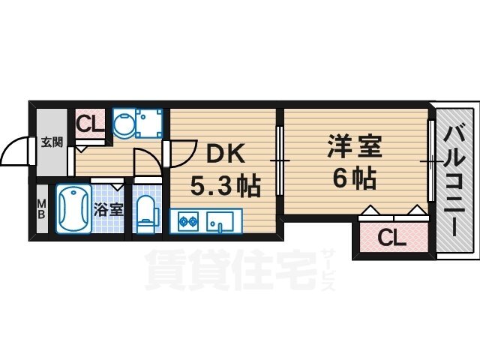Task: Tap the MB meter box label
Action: [x=42, y=208]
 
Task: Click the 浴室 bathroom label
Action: [x=109, y=210]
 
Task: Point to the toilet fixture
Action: [x=147, y=211]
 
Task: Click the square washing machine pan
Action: [x=148, y=122]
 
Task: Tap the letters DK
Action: [x=220, y=153]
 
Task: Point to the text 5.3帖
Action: [x=224, y=185]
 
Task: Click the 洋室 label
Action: [x=354, y=146]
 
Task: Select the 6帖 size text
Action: [x=354, y=178]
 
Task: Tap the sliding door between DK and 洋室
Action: [x=279, y=160]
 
